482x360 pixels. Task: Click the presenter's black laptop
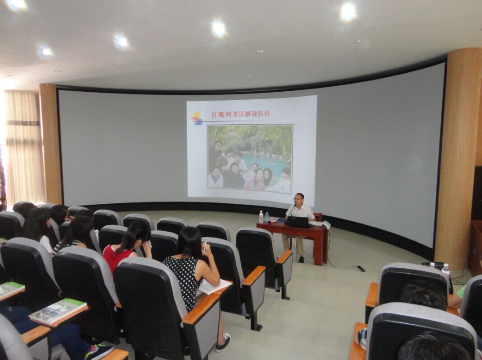(x=299, y=222)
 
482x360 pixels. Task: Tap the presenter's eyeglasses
(x=298, y=199)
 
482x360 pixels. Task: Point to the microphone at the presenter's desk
(x=291, y=210)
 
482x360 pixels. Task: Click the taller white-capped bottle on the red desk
(x=261, y=217)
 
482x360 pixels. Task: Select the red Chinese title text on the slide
(x=240, y=114)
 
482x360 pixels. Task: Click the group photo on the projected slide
(x=250, y=159)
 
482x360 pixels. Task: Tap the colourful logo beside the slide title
(x=197, y=118)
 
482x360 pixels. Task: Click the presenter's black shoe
(x=301, y=260)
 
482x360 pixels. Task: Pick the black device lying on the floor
(x=361, y=268)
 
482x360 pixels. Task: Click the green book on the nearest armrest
(x=57, y=311)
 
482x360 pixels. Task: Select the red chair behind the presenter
(x=318, y=217)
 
